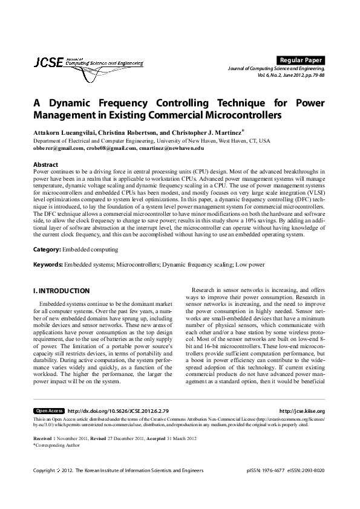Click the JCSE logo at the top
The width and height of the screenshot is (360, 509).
tap(88, 63)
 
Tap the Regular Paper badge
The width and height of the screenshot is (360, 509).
tap(301, 60)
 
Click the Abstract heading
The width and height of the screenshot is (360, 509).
tap(45, 164)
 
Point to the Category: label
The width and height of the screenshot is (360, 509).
tap(47, 249)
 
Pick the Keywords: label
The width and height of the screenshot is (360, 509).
tap(48, 265)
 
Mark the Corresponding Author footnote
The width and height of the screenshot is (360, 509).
tap(57, 444)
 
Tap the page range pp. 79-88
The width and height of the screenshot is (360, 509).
tap(312, 76)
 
